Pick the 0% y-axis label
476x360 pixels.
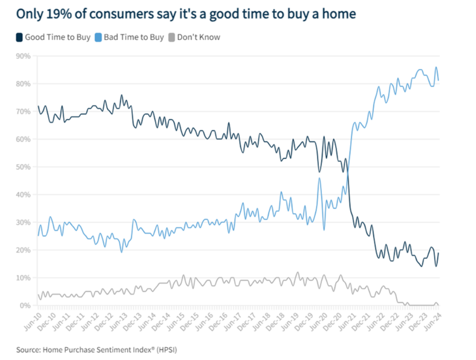pos(25,305)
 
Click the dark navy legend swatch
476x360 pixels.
pos(19,37)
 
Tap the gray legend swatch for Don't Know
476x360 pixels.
pos(172,37)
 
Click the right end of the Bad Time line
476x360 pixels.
pos(439,80)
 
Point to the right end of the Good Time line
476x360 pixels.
pos(439,253)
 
